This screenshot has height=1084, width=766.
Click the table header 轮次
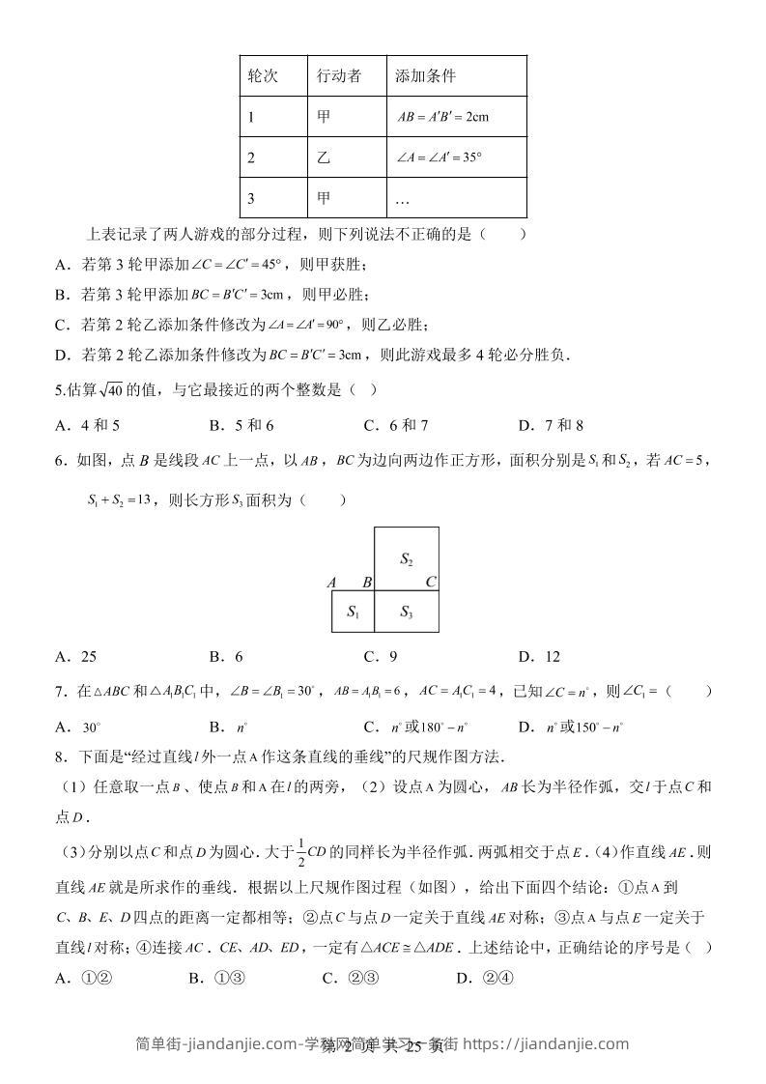pos(263,76)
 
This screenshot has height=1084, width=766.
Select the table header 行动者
pos(338,76)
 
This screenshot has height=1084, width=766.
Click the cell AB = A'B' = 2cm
pos(443,117)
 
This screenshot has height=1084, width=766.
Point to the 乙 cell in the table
pos(324,157)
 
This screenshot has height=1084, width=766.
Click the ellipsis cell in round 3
pos(404,199)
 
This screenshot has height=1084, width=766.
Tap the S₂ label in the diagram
pos(407,559)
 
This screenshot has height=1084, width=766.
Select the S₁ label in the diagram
pos(353,613)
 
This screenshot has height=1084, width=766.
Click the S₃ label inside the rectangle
pos(407,613)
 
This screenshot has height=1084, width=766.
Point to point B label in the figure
pos(366,583)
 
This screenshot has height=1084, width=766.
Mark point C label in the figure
pos(431,582)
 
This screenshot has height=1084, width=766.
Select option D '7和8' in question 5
pos(551,425)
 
